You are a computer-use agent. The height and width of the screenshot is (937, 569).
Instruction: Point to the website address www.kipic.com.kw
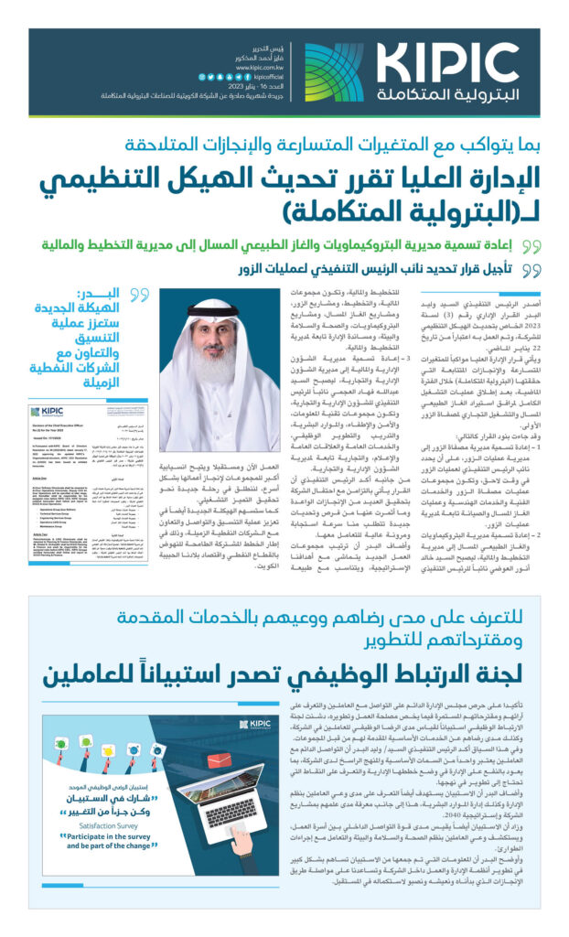[264, 67]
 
